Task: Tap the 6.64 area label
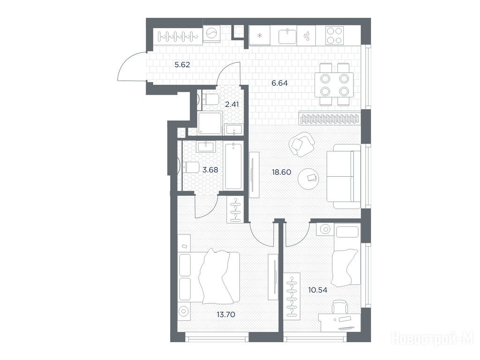point(279,83)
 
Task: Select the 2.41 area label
point(232,104)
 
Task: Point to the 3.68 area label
point(210,170)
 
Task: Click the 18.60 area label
point(281,172)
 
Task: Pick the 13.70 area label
point(225,315)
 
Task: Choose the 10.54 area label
point(317,290)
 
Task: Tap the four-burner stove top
point(334,36)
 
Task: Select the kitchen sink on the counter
point(288,37)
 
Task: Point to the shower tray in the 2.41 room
point(210,123)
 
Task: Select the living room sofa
point(344,177)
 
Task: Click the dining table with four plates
point(334,84)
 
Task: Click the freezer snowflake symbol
point(260,36)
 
